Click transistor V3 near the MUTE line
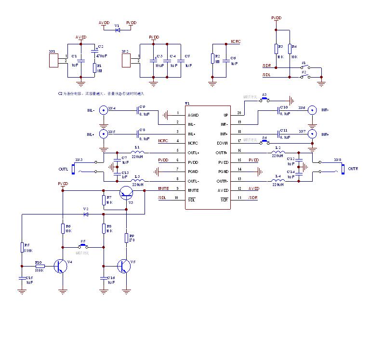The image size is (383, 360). (x=126, y=193)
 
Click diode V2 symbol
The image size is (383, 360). (x=86, y=213)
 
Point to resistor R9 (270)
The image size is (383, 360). (x=126, y=238)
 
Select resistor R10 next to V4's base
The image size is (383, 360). (x=40, y=266)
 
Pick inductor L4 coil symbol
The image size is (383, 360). (x=277, y=181)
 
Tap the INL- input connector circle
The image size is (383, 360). (x=103, y=110)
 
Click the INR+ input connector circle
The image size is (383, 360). (x=313, y=134)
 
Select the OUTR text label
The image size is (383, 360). (x=353, y=169)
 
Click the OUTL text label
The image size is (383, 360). (x=63, y=169)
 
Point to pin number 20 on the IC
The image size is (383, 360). (x=239, y=113)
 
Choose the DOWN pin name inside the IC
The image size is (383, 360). (x=222, y=143)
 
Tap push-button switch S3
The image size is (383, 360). (x=264, y=99)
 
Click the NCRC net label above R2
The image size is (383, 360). (x=236, y=42)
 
